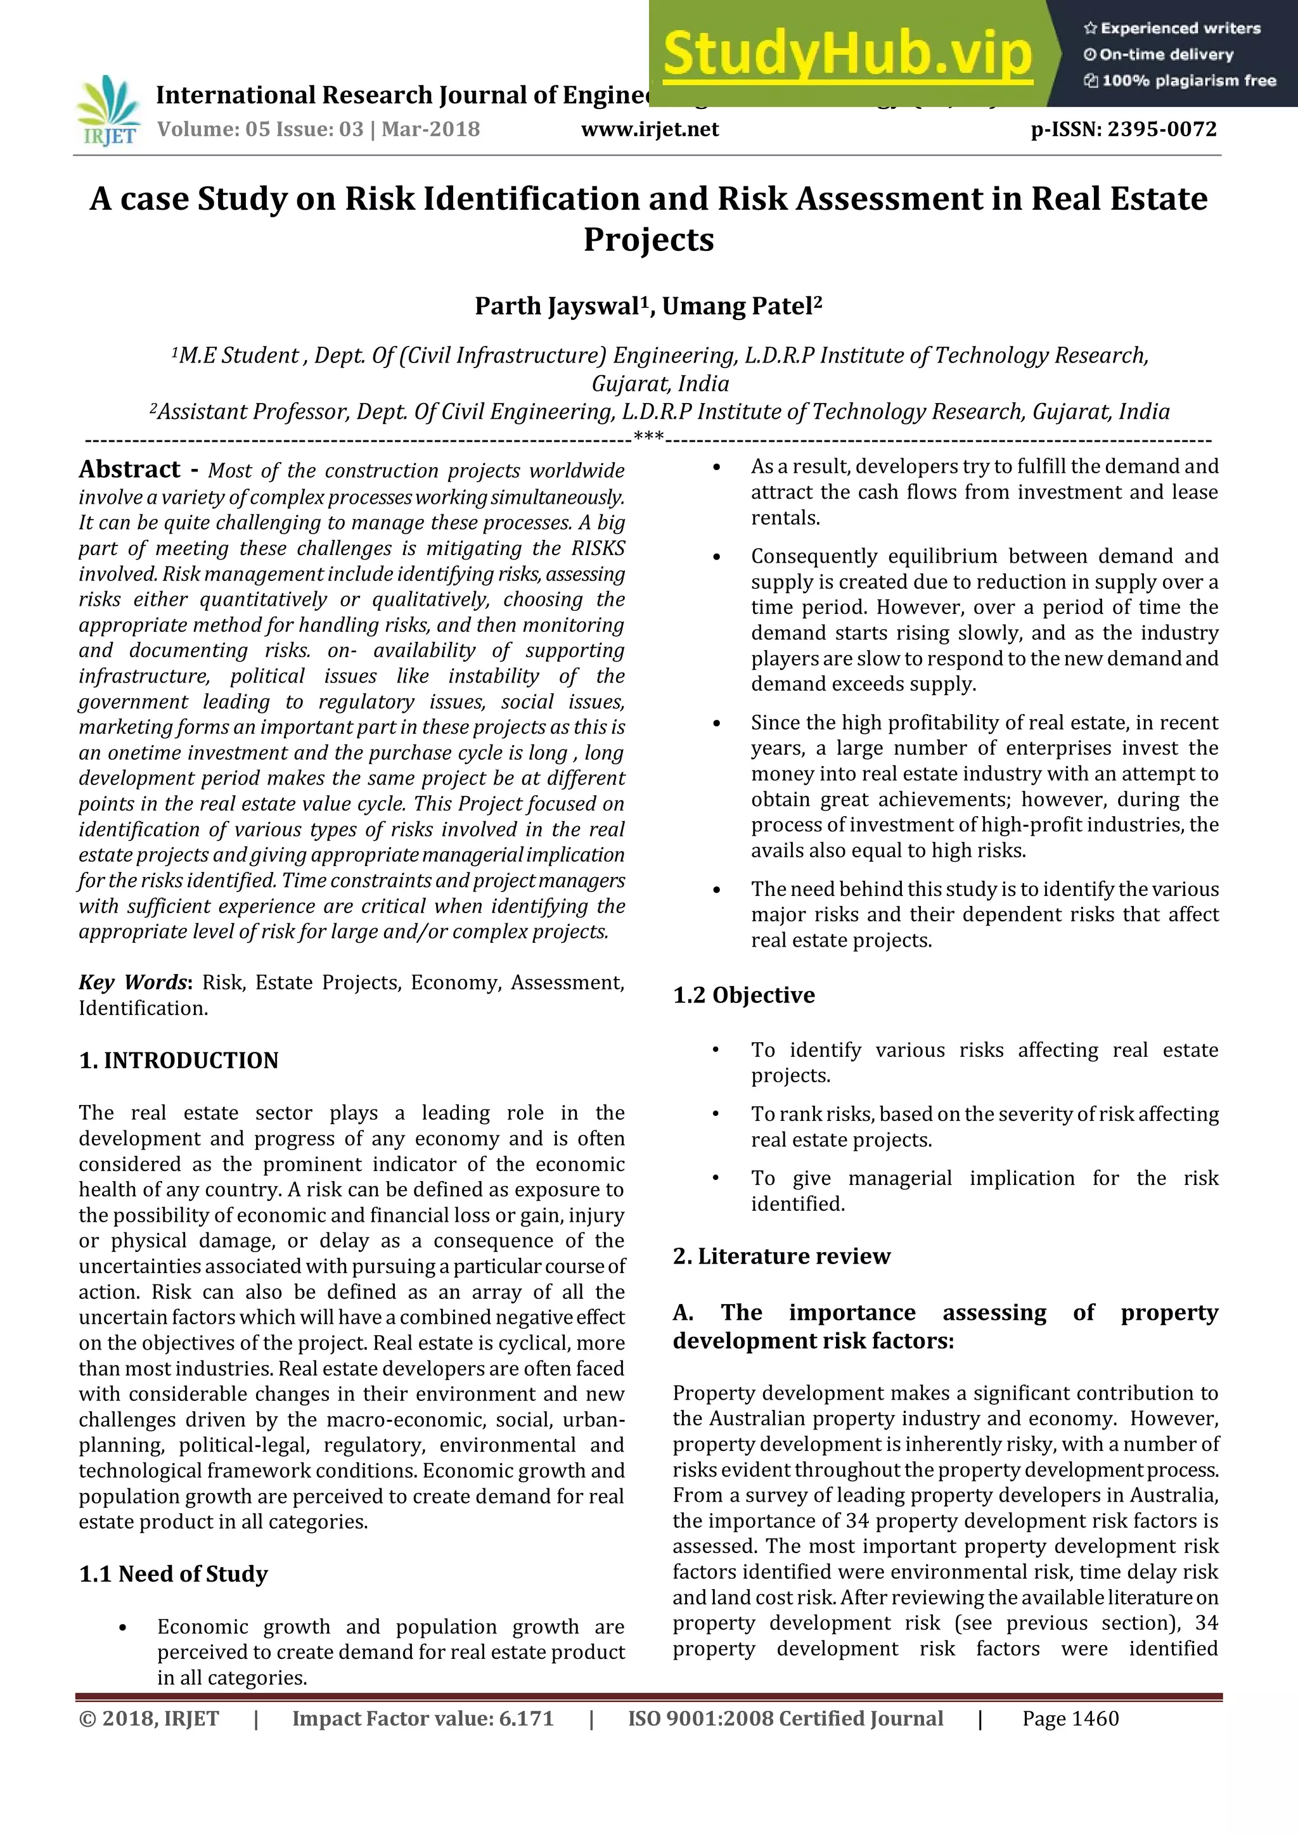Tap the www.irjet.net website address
(x=650, y=129)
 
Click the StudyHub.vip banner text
(x=847, y=54)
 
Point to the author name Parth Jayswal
(x=558, y=306)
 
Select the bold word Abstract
(x=129, y=469)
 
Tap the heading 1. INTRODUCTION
(x=178, y=1061)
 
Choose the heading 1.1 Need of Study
(x=174, y=1574)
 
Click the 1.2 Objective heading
(x=743, y=995)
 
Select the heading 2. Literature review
(x=781, y=1256)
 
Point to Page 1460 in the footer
(x=1070, y=1718)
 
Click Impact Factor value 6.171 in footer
(x=423, y=1718)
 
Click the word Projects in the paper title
(x=648, y=239)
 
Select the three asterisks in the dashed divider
(x=648, y=437)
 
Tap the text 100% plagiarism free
(x=1188, y=80)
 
